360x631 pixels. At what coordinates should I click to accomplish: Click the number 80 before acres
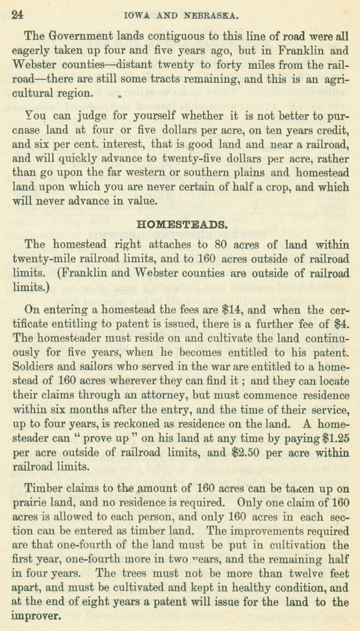point(230,244)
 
